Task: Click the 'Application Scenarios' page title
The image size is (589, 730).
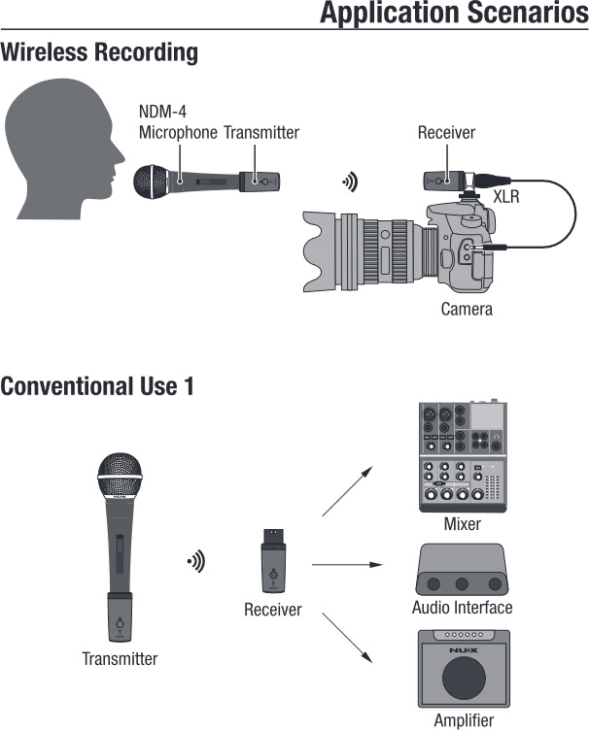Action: point(454,14)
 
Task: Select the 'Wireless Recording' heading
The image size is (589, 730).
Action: point(99,52)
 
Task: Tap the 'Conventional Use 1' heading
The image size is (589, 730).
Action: point(97,386)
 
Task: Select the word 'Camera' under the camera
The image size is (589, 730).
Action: point(467,310)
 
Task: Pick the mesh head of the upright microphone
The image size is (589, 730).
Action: point(119,473)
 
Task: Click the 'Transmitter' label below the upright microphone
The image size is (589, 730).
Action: point(120,659)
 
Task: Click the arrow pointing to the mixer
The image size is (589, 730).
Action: point(347,490)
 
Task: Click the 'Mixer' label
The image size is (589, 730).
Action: point(463,524)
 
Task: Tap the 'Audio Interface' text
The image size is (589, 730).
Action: point(462,609)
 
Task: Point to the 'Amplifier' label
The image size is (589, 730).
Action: point(464,720)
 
